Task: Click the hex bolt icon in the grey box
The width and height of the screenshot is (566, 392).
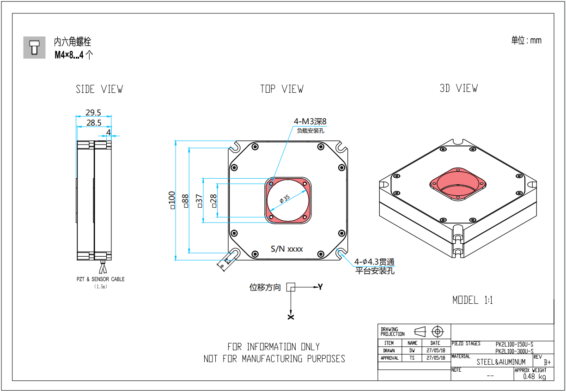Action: click(x=34, y=47)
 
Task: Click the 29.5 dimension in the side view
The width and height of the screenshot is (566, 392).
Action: click(x=93, y=112)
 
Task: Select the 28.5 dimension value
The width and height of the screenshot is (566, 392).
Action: click(x=93, y=123)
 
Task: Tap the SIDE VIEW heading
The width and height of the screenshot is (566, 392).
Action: click(x=99, y=89)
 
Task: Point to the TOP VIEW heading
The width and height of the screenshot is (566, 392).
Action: click(x=281, y=89)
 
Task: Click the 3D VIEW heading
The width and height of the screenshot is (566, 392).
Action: click(x=458, y=88)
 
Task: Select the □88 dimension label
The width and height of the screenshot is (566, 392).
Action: click(x=186, y=201)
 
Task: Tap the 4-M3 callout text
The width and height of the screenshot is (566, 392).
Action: click(x=310, y=122)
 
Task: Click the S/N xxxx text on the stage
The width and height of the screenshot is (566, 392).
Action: click(x=286, y=249)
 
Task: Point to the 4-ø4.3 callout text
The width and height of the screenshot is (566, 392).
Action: click(x=374, y=262)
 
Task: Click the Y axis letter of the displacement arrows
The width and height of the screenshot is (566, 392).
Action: click(x=320, y=287)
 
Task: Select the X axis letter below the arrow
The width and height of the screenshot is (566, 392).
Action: click(x=291, y=317)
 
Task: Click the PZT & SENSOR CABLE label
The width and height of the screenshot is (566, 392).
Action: click(x=100, y=279)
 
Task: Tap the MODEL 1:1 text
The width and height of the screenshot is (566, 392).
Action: click(x=472, y=300)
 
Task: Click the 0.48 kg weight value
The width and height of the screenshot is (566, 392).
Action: click(x=534, y=377)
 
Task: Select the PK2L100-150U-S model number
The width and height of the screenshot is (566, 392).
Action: click(x=514, y=344)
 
